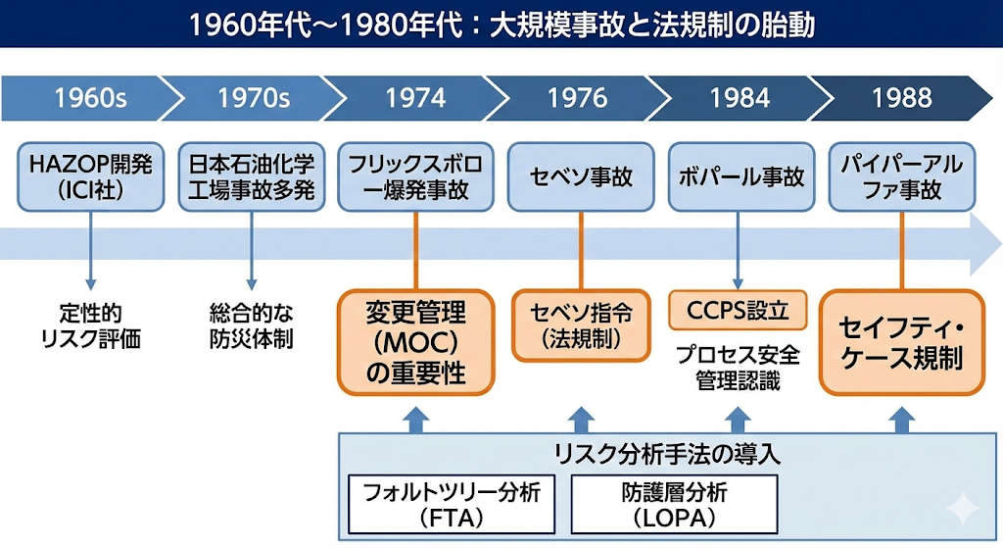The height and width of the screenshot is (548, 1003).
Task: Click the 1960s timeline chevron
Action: coord(88,98)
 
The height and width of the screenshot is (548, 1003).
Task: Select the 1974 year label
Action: coord(415,98)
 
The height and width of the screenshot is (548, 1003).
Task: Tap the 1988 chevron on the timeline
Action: coord(901,98)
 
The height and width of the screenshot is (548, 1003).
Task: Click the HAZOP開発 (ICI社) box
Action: coord(90,176)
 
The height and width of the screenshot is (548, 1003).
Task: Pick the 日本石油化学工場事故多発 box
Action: coord(252,176)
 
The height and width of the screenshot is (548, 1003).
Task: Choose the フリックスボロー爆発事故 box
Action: coord(416,176)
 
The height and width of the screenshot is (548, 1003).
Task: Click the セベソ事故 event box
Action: coord(581,177)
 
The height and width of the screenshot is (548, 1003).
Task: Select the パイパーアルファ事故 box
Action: coord(902,176)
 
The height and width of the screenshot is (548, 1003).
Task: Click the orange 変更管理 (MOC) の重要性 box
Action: coord(415,342)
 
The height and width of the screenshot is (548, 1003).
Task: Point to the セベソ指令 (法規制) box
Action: coord(581,324)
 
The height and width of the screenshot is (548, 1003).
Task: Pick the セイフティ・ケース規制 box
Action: coord(900,342)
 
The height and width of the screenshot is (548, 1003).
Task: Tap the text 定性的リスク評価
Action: coord(90,326)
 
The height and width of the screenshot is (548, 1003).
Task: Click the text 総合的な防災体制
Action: coord(252,326)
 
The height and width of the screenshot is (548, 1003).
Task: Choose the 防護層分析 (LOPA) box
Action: coord(674,504)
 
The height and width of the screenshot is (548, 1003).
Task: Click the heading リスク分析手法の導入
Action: coord(666,455)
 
